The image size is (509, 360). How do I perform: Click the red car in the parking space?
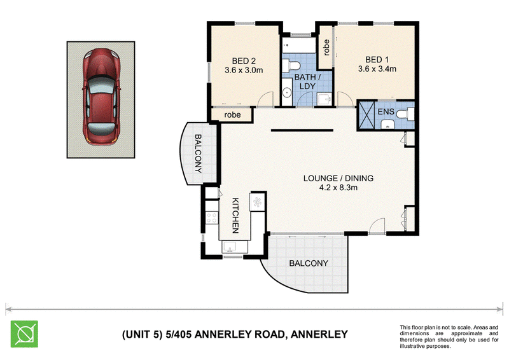point(101,97)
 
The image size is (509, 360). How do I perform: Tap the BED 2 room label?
point(244,60)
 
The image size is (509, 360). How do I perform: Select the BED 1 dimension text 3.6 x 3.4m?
point(377,69)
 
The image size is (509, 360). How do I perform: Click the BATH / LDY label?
point(307,81)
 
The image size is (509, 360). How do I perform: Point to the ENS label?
point(386,112)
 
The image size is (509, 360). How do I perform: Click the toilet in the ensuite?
point(407,114)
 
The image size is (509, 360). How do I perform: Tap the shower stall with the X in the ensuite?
point(366,116)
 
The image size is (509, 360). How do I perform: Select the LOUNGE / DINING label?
point(338,178)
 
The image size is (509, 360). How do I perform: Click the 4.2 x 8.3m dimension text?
point(338,187)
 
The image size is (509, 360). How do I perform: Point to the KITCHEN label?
point(235,216)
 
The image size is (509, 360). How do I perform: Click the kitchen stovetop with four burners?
point(212,218)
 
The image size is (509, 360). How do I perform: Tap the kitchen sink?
point(230,247)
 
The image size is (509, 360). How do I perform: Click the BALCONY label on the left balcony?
point(198,153)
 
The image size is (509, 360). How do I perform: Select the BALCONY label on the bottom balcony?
point(309,263)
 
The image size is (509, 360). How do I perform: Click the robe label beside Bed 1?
point(326,48)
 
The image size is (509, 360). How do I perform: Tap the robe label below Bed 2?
point(232,114)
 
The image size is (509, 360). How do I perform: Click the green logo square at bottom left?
point(24,334)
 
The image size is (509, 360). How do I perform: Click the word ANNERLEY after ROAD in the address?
point(319,334)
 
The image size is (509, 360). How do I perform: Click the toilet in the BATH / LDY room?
point(291,66)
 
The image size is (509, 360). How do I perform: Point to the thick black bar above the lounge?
point(302,130)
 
